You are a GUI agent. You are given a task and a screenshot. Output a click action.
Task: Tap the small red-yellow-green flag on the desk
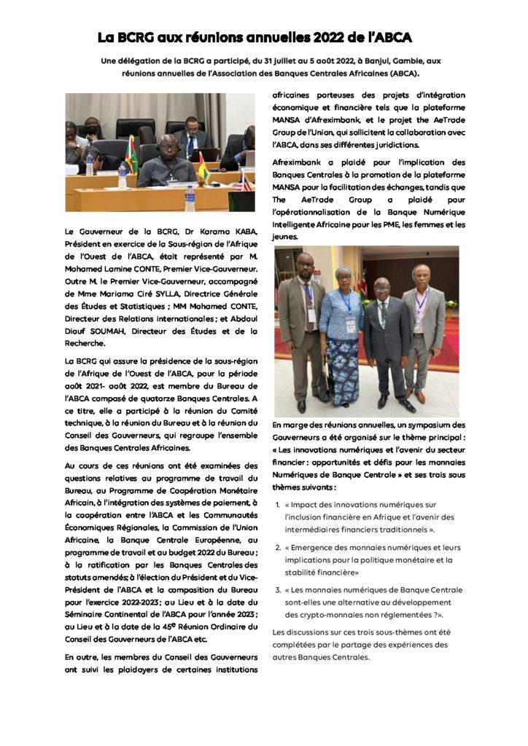coord(202,166)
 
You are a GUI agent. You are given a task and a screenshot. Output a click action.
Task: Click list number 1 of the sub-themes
coord(278,503)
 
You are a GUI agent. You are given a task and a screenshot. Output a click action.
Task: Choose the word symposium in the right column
coord(419,424)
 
